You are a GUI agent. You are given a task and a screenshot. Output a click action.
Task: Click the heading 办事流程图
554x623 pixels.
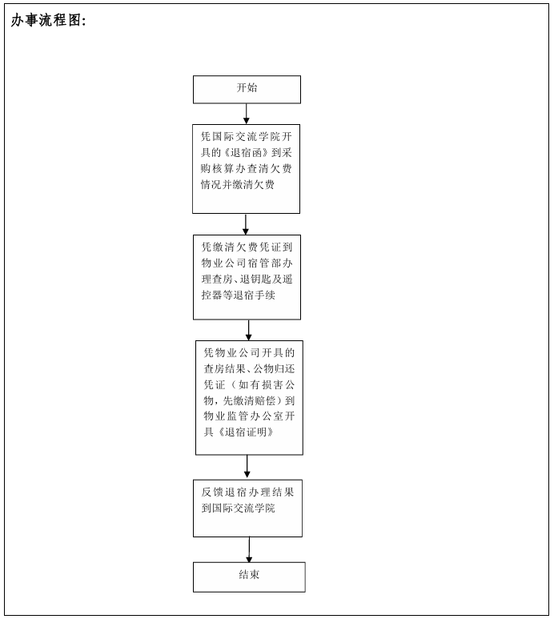coord(48,20)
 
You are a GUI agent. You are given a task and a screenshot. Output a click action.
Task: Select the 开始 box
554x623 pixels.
coord(247,90)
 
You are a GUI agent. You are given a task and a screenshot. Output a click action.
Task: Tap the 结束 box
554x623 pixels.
coord(249,577)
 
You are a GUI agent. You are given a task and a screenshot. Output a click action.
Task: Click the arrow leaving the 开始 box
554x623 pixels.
coord(247,114)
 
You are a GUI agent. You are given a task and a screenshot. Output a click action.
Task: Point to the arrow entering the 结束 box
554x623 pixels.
coord(249,549)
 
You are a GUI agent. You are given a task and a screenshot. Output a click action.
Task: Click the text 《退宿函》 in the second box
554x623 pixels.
coord(247,153)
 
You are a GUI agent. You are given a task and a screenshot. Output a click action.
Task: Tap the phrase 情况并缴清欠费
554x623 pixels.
coord(238,184)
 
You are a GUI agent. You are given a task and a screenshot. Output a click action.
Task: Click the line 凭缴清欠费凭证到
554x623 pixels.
coord(247,247)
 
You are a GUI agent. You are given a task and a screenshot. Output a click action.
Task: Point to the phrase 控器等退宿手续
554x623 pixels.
coord(238,295)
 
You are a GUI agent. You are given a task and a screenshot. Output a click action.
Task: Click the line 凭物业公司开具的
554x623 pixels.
coord(249,353)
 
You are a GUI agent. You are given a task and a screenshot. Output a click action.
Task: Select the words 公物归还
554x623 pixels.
coord(274,368)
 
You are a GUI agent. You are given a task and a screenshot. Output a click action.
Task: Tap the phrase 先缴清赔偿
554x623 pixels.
coord(249,400)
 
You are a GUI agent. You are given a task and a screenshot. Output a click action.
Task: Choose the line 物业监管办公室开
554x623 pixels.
coord(249,416)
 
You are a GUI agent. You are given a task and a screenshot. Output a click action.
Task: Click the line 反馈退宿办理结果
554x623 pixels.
coord(247,492)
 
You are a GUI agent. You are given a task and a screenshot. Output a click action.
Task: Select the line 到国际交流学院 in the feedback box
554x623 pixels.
coord(238,508)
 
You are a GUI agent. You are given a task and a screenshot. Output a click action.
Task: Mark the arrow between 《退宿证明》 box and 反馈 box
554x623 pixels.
coord(247,467)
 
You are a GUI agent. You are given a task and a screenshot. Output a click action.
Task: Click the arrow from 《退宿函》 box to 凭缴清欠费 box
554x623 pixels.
coord(246,224)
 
